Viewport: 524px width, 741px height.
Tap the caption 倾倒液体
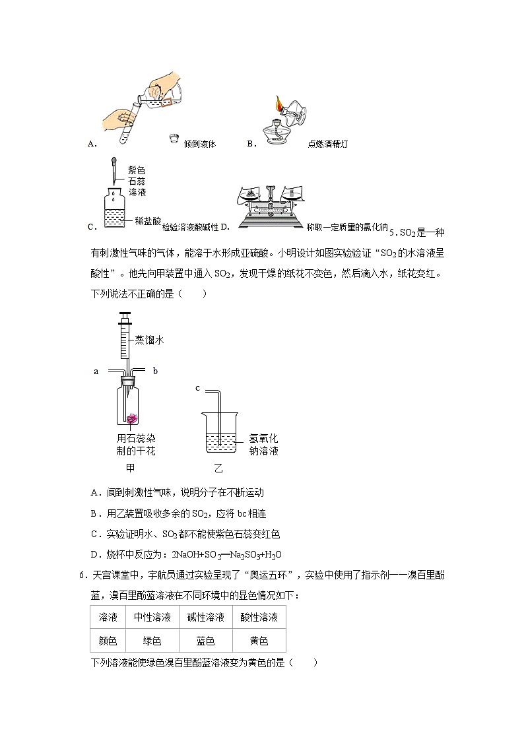coord(200,144)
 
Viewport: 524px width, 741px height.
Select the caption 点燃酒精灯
coord(327,144)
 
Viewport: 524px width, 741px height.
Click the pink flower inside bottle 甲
coord(132,418)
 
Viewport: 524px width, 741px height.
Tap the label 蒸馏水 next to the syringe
coord(149,340)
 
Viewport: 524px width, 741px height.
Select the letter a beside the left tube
coord(96,371)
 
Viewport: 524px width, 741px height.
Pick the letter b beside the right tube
coord(155,371)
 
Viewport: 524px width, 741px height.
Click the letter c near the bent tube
coord(197,388)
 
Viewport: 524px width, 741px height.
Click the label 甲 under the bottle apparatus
coord(130,468)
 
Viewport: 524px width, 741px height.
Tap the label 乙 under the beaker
coord(218,468)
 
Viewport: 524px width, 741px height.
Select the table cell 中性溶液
coord(152,618)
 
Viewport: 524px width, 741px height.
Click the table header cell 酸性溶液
coord(259,618)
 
